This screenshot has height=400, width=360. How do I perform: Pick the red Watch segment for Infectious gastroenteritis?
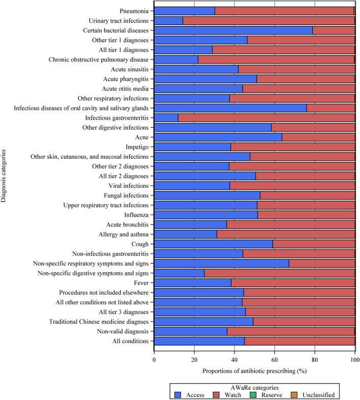(266, 118)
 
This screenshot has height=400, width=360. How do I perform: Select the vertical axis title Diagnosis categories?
(5, 176)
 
